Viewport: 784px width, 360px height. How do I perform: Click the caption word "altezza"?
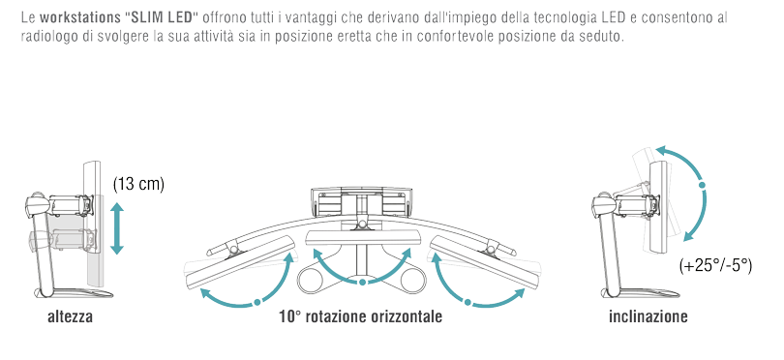tap(70, 317)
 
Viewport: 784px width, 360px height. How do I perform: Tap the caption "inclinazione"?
tap(648, 317)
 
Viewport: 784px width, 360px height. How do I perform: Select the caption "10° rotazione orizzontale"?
tap(360, 317)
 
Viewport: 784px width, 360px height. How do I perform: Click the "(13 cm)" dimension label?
tap(139, 185)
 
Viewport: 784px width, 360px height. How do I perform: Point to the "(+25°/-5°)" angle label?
tap(715, 265)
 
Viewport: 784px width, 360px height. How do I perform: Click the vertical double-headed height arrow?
tap(117, 228)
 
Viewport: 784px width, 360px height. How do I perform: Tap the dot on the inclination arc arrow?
tap(702, 185)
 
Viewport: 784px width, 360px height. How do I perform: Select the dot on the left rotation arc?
tap(257, 302)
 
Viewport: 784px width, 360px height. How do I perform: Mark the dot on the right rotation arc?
tap(468, 302)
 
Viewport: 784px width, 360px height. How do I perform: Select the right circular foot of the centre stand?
tap(409, 280)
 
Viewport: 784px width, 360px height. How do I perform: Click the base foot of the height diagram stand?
tap(70, 293)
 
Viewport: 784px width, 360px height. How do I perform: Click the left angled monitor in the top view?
tap(239, 262)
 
